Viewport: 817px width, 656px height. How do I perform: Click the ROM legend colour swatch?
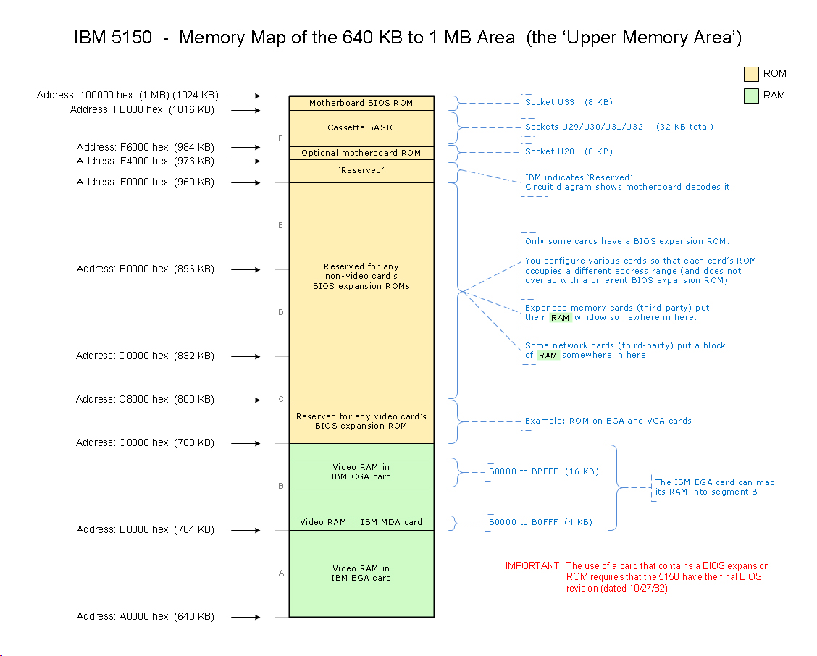pos(751,74)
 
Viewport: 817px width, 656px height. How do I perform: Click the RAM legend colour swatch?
pos(751,96)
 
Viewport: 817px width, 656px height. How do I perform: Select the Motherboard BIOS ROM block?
pos(361,103)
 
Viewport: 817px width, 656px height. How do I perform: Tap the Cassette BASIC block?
pos(361,128)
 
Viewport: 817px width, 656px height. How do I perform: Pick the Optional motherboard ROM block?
pos(361,153)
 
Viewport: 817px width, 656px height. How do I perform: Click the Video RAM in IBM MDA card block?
pos(361,522)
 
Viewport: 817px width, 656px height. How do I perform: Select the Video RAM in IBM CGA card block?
pos(361,472)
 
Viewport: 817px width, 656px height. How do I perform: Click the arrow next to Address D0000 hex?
pos(246,356)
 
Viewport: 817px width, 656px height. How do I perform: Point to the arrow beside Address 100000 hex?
pos(246,96)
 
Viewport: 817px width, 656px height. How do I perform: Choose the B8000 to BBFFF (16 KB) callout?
pos(543,472)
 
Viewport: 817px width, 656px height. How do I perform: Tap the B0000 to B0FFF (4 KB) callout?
pos(540,522)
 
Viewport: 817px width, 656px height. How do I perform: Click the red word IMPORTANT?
pos(532,566)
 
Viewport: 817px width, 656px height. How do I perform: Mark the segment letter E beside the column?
pos(281,226)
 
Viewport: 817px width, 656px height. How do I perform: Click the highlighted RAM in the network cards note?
pos(548,356)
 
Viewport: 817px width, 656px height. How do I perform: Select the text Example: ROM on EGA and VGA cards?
pos(608,421)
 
